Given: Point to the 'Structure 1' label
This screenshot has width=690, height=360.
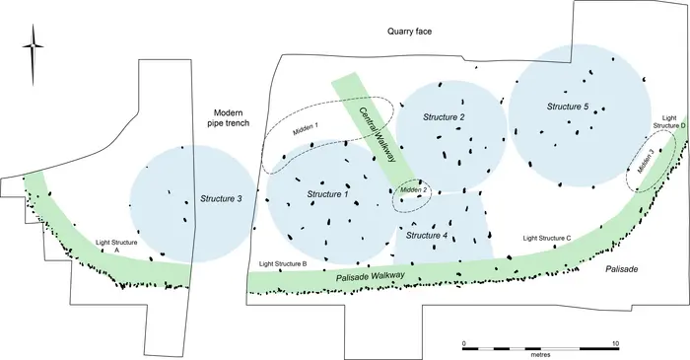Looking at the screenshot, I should click(x=327, y=193).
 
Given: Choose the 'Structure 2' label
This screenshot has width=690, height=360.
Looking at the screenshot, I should click(x=444, y=117).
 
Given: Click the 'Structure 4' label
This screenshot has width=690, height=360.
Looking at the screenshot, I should click(x=427, y=236).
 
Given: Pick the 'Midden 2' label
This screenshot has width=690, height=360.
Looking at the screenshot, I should click(x=414, y=190).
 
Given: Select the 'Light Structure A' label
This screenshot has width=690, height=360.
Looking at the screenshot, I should click(x=115, y=246).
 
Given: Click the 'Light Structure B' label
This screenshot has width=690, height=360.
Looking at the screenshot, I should click(x=283, y=264).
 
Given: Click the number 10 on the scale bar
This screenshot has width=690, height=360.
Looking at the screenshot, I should click(x=616, y=342).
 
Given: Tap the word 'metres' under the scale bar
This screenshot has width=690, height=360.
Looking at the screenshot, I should click(x=540, y=354).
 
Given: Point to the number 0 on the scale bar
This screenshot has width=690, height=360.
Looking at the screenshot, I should click(x=464, y=342).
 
